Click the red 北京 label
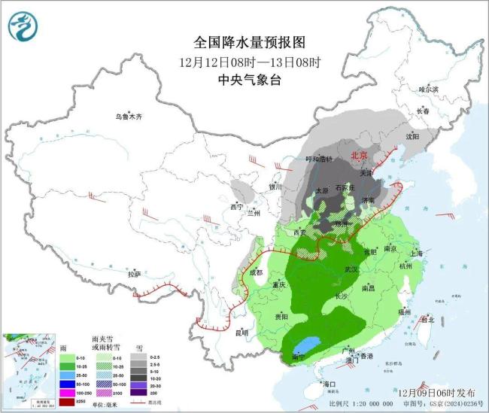pos(362,154)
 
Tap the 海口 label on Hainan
pos(327,384)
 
